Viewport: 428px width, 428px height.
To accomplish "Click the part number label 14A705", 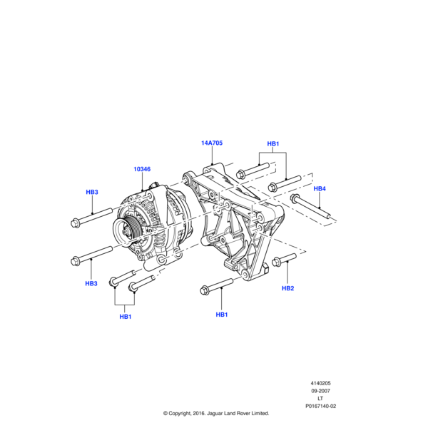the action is [x=212, y=143].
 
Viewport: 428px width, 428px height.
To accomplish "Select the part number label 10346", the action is [x=142, y=169].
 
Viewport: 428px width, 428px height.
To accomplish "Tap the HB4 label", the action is [x=320, y=188].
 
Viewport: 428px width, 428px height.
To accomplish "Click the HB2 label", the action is [x=287, y=288].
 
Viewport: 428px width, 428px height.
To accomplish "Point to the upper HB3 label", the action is [x=92, y=192].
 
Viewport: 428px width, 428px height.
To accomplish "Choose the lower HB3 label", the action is [x=91, y=284].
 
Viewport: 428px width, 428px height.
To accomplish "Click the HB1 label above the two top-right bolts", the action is [x=273, y=144].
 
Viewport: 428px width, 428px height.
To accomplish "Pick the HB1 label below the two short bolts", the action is [x=126, y=317].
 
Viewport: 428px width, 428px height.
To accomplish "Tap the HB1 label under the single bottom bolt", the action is [x=222, y=315].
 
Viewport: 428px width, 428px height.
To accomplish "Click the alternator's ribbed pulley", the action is [x=125, y=232].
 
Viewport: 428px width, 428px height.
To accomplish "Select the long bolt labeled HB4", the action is [x=311, y=205].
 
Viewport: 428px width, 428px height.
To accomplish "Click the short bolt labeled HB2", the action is [x=284, y=260].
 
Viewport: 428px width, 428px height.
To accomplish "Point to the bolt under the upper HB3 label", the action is [x=91, y=218].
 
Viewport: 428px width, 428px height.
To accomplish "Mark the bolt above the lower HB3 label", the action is [x=91, y=256].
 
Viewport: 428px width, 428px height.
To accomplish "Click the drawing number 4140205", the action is [x=320, y=383].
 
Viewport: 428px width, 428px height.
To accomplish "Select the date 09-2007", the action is [x=321, y=391].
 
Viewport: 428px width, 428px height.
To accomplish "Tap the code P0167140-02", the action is [x=321, y=406].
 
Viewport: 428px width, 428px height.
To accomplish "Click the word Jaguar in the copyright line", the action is [x=215, y=414].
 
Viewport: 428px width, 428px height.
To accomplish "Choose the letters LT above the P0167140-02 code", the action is [x=320, y=399].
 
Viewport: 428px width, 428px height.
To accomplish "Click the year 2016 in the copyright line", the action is [x=199, y=414].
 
